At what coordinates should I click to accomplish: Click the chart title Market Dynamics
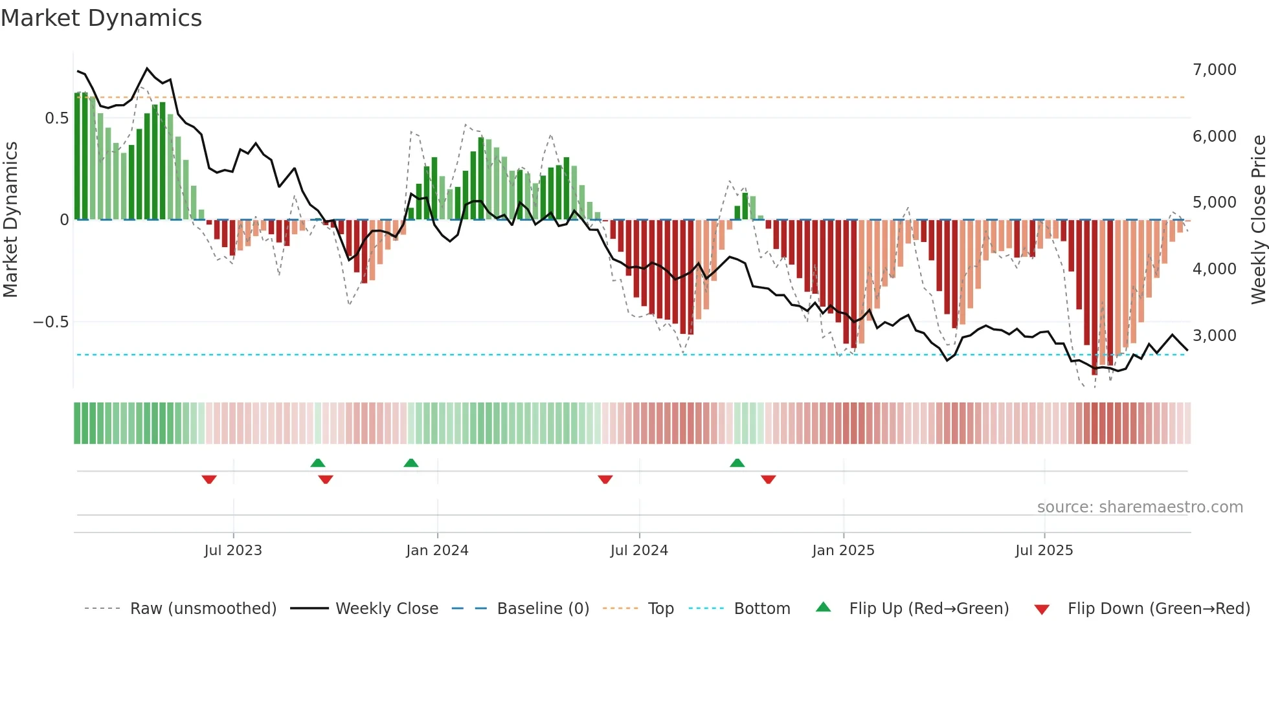coord(101,18)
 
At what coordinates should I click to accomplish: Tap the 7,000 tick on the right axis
coord(1214,69)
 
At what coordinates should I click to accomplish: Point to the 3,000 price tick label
coord(1214,335)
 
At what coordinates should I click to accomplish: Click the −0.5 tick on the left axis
coord(51,322)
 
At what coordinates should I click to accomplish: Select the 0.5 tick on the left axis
coord(56,118)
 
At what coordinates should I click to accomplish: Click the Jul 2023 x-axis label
coord(233,550)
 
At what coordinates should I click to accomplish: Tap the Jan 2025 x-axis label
coord(843,550)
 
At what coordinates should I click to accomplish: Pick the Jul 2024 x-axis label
coord(639,550)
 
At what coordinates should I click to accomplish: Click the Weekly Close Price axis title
coord(1258,219)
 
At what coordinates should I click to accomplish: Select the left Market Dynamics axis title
coord(10,219)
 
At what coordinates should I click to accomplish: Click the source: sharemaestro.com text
coord(1140,507)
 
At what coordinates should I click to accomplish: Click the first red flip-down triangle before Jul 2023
coord(209,479)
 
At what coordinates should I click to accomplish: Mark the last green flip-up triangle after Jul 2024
coord(737,463)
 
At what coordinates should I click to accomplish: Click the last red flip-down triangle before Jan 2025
coord(769,479)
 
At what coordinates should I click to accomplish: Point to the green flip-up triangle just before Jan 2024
coord(411,463)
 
